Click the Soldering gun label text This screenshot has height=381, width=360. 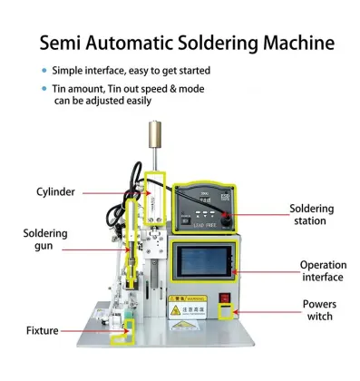[x=45, y=239]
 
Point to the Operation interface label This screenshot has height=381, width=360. [x=324, y=271]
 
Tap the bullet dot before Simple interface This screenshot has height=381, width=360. [x=44, y=71]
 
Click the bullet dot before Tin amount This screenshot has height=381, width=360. [x=44, y=89]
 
